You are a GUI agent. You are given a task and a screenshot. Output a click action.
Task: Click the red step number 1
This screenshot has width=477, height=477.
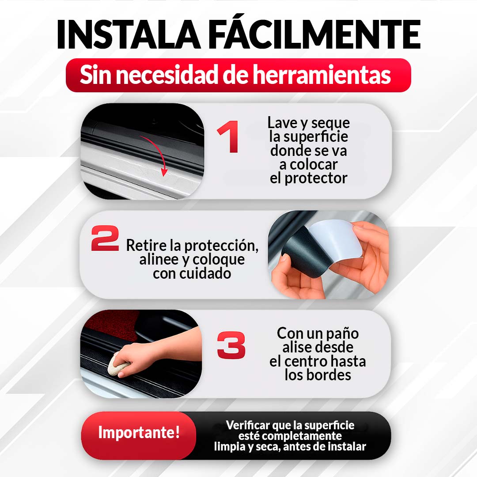point(229,137)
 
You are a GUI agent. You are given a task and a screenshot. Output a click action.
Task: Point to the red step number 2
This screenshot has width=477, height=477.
point(105,238)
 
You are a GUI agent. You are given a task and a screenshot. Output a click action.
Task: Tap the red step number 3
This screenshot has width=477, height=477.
point(231,345)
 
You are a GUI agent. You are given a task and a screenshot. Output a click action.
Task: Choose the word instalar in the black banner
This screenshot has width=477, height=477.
point(345,447)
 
